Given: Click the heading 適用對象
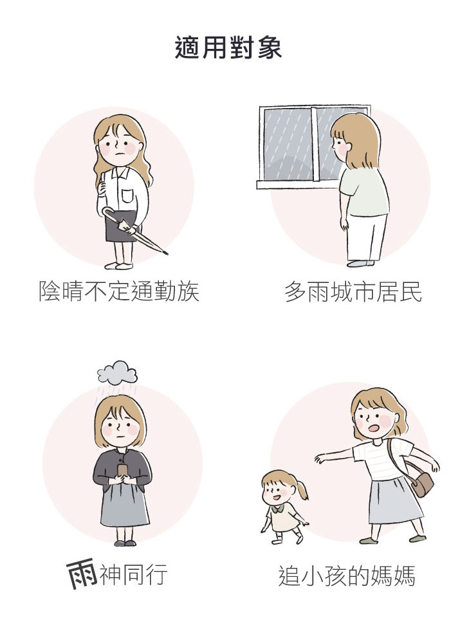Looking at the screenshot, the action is (x=228, y=48).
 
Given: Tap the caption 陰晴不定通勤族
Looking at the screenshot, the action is (x=118, y=291).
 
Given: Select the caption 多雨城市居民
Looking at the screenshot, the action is (x=353, y=292).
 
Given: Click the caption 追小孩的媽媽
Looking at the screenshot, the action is (x=347, y=576).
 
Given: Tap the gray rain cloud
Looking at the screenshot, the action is (x=117, y=372).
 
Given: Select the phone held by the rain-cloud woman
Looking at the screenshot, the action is (x=122, y=471).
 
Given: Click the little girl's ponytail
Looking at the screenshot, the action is (x=302, y=489).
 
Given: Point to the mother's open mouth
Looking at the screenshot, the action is (x=373, y=428).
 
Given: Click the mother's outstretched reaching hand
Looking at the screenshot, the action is (x=321, y=459).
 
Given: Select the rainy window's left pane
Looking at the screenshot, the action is (x=288, y=144).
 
